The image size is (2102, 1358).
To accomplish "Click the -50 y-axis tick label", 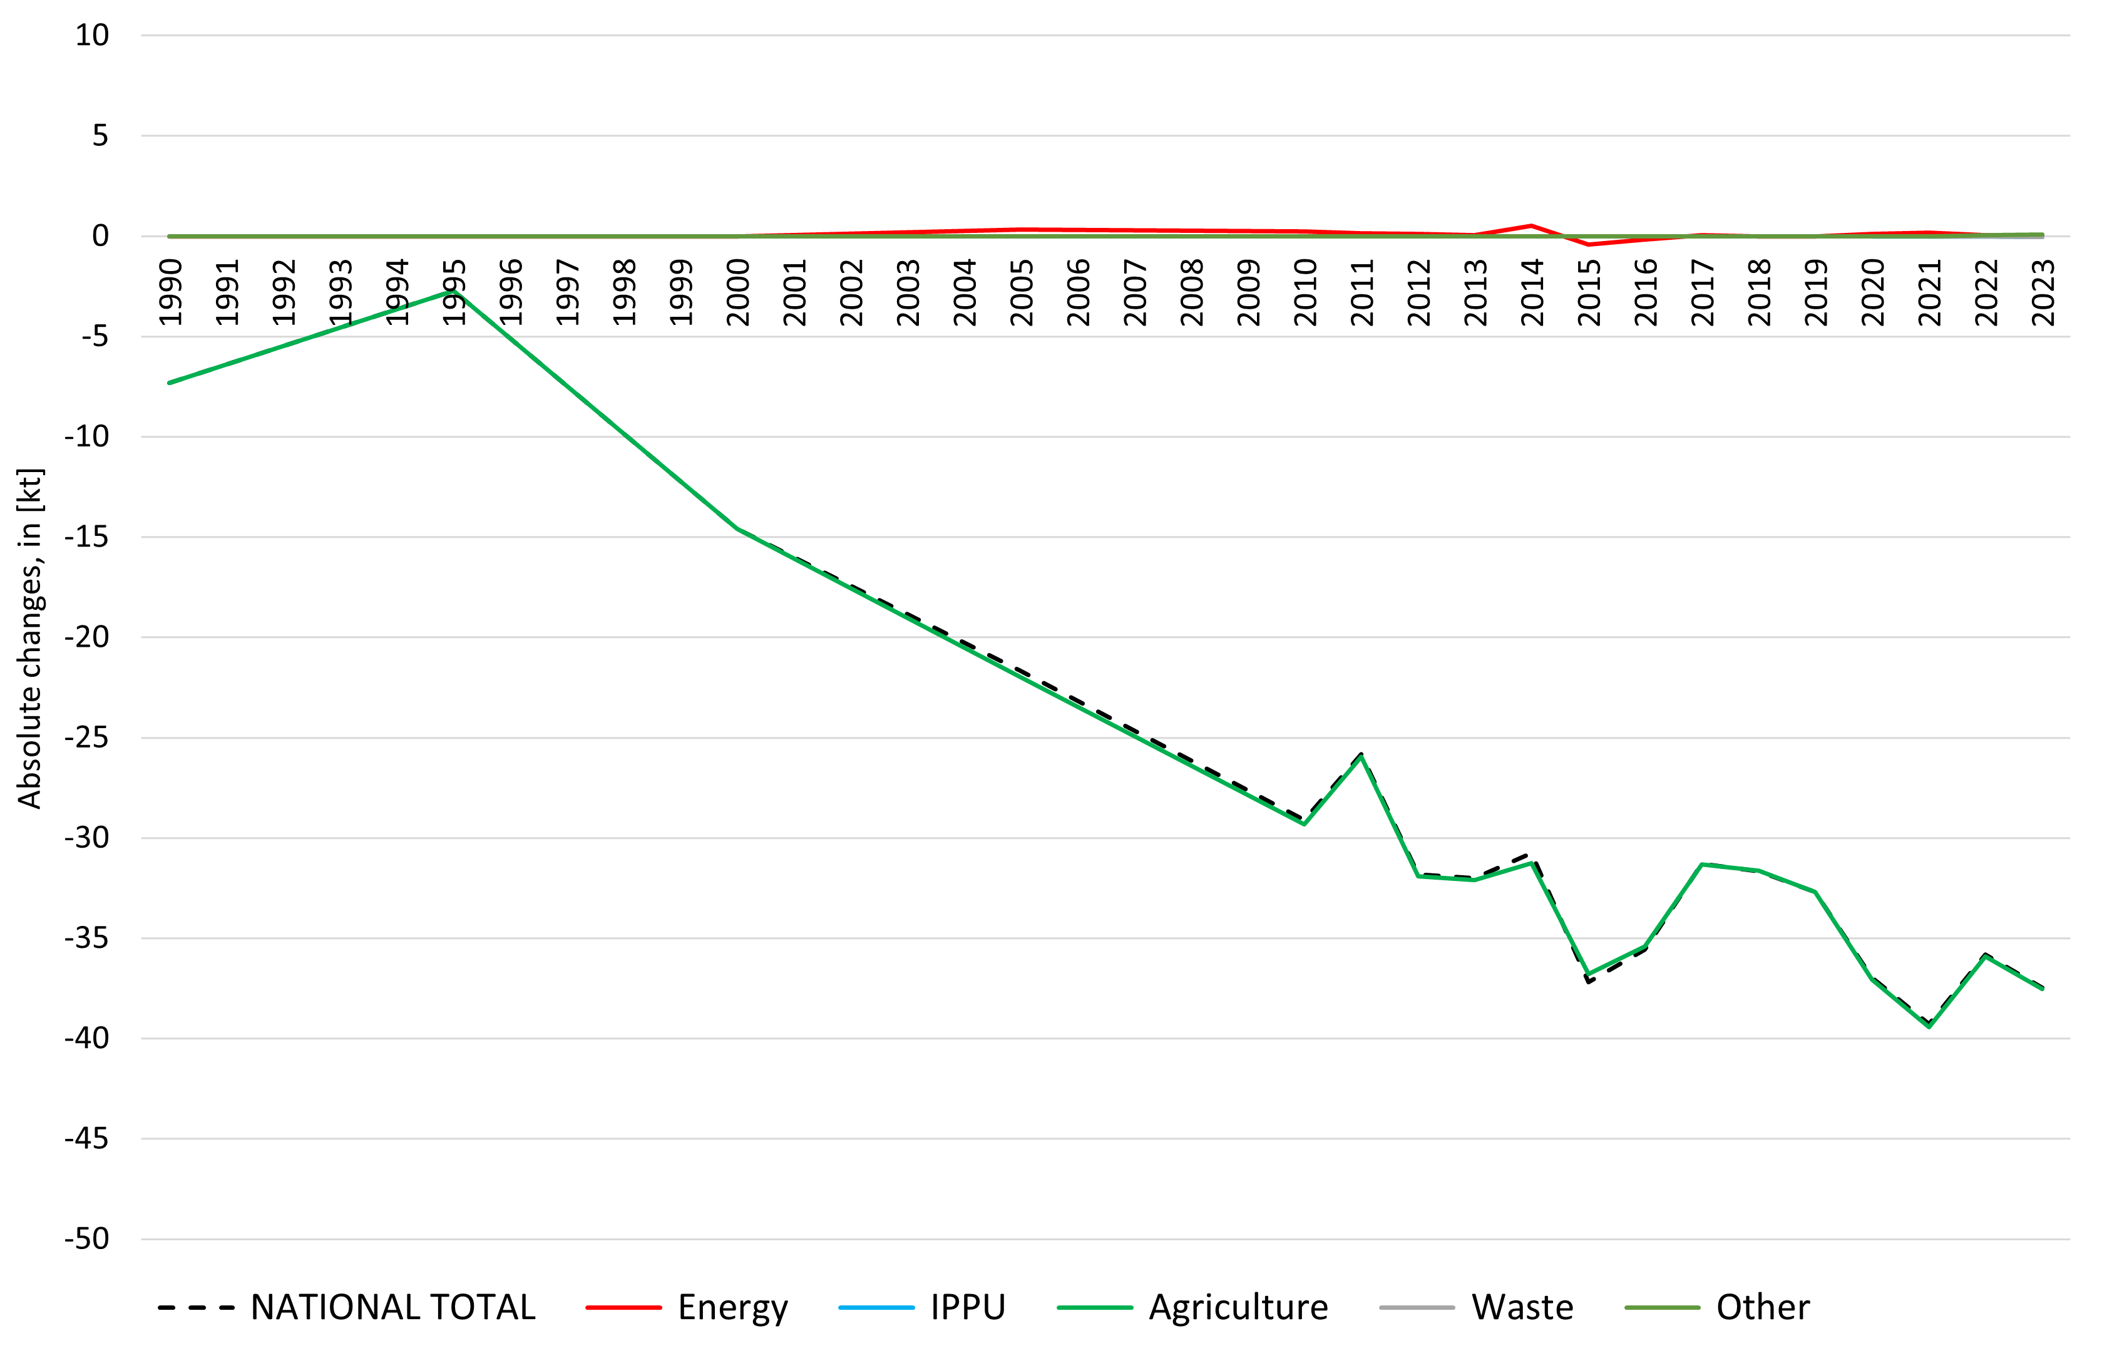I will tap(86, 1239).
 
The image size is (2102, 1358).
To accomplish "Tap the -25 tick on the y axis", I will tap(86, 737).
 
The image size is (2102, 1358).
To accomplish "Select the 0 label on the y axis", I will tap(101, 236).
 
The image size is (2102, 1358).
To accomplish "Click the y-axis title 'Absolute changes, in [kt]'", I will tap(30, 637).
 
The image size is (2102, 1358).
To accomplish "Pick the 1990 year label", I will tap(170, 292).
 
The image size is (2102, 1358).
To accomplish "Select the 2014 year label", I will tap(1532, 292).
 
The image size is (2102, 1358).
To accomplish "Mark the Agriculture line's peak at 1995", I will tap(453, 291).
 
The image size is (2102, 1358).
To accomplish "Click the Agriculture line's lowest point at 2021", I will tap(1929, 1026).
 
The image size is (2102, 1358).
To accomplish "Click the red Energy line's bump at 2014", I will tap(1532, 226).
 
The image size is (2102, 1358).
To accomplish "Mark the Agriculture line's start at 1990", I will tap(169, 383).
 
